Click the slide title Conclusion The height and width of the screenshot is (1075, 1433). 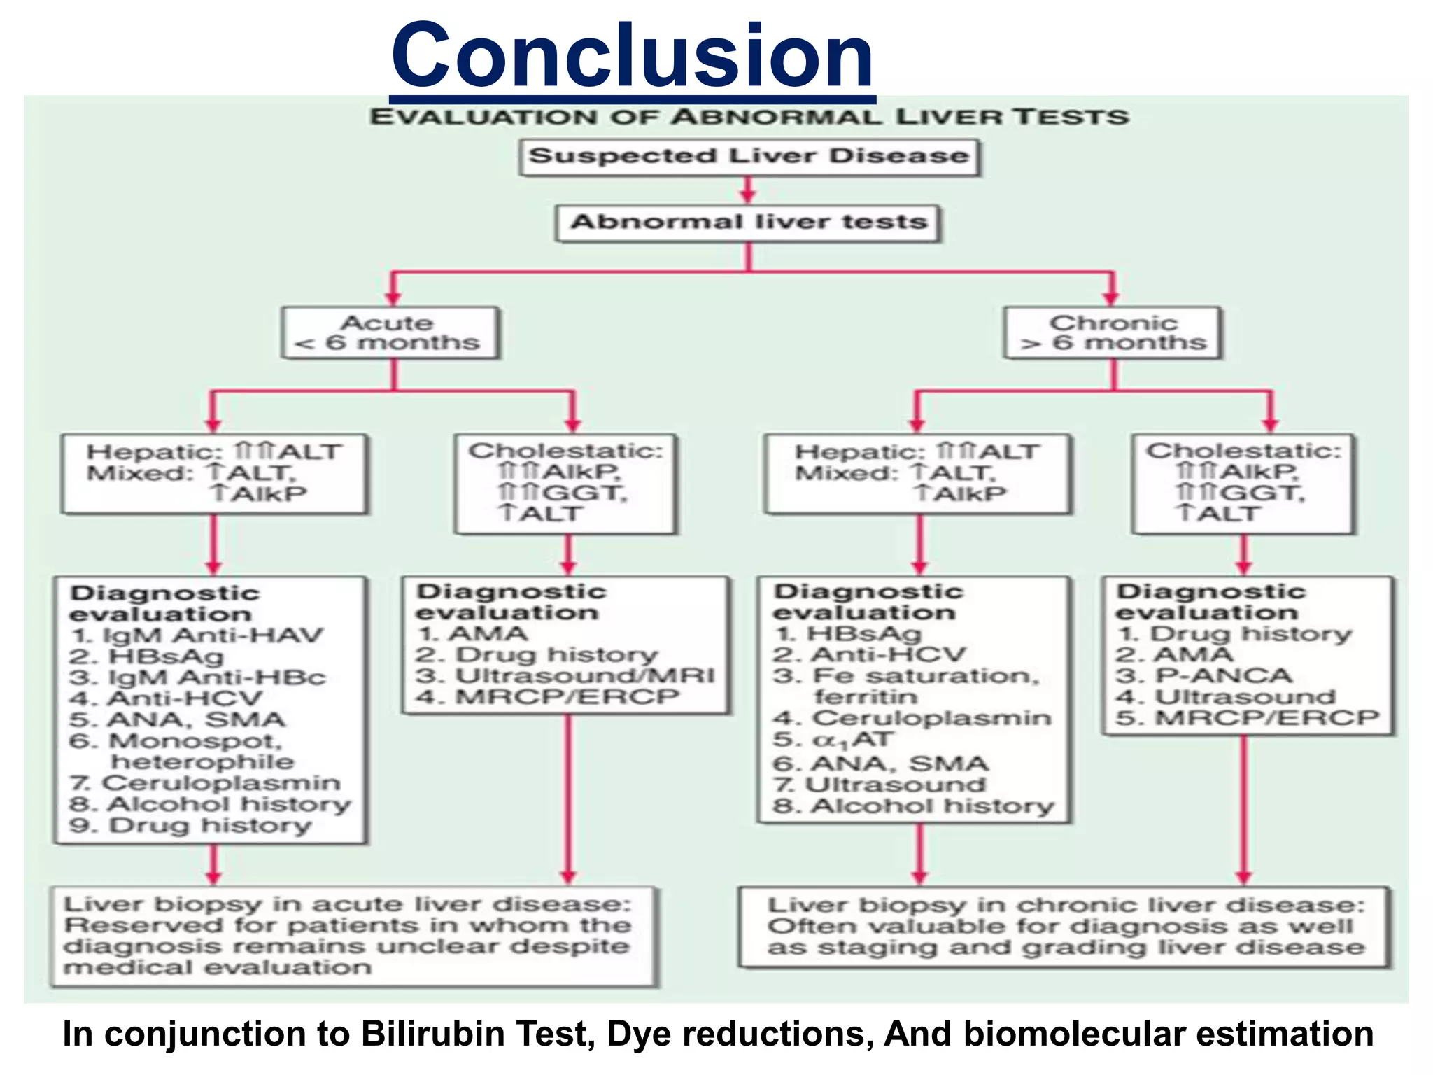click(x=633, y=56)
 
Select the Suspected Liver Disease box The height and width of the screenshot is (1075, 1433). click(x=749, y=157)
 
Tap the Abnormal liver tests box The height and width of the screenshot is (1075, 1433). click(x=749, y=223)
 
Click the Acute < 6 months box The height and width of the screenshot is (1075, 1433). click(x=390, y=333)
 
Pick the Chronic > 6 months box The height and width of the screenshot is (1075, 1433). click(x=1113, y=333)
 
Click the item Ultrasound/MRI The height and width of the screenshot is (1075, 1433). click(x=584, y=676)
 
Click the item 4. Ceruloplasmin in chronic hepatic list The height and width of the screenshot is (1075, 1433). click(x=931, y=719)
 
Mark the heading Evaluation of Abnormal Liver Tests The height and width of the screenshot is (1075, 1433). click(x=749, y=117)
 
